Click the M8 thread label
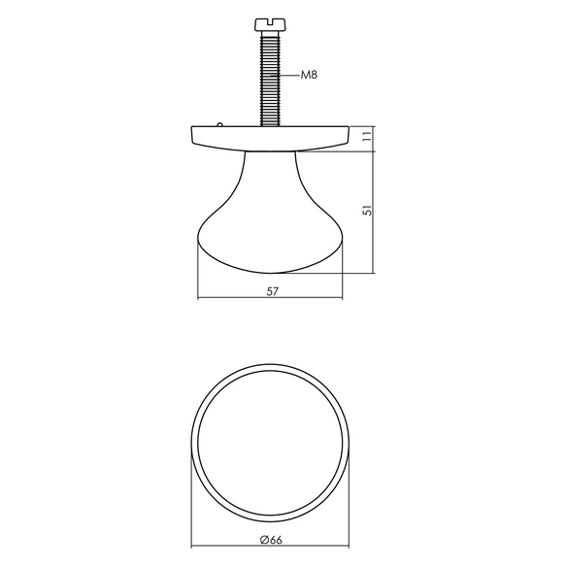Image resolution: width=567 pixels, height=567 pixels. pos(309,75)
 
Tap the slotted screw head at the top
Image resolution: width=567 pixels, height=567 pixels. pos(269,25)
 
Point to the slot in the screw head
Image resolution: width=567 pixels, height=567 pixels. pos(269,21)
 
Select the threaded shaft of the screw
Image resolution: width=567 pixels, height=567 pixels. pos(269,79)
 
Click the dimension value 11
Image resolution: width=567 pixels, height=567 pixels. pos(367,136)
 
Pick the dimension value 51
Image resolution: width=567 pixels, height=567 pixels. pos(367,210)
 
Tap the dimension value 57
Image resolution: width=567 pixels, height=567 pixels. pos(273,291)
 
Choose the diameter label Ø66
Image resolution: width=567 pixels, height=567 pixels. pos(271,540)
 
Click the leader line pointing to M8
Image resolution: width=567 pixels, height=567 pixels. pos(285,75)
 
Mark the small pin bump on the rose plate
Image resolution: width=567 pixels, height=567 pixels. pos(219,124)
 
